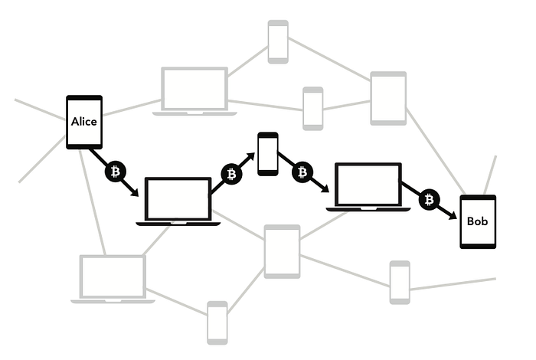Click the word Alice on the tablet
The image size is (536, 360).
coord(84,121)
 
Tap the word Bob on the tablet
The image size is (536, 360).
coord(477,221)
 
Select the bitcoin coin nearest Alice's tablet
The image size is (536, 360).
coord(115,172)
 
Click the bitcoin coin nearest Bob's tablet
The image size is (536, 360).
coord(429,200)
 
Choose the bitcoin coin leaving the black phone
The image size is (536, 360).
coord(302,172)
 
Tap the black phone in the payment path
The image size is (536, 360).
coord(267,153)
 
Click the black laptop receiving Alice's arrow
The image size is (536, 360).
coord(178,201)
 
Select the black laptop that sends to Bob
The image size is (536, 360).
coord(368,187)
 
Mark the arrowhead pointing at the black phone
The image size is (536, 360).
coord(250,158)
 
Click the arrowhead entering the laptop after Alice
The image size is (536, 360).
coord(135,192)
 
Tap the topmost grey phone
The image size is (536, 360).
coord(277,41)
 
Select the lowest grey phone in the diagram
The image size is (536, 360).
coord(217,322)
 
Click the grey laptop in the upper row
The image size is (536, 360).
coord(194,91)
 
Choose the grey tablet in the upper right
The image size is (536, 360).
coord(388,98)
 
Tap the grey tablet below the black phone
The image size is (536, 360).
coord(282,251)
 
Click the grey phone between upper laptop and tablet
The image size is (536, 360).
coord(312,108)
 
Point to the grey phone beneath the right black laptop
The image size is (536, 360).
coord(399,282)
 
